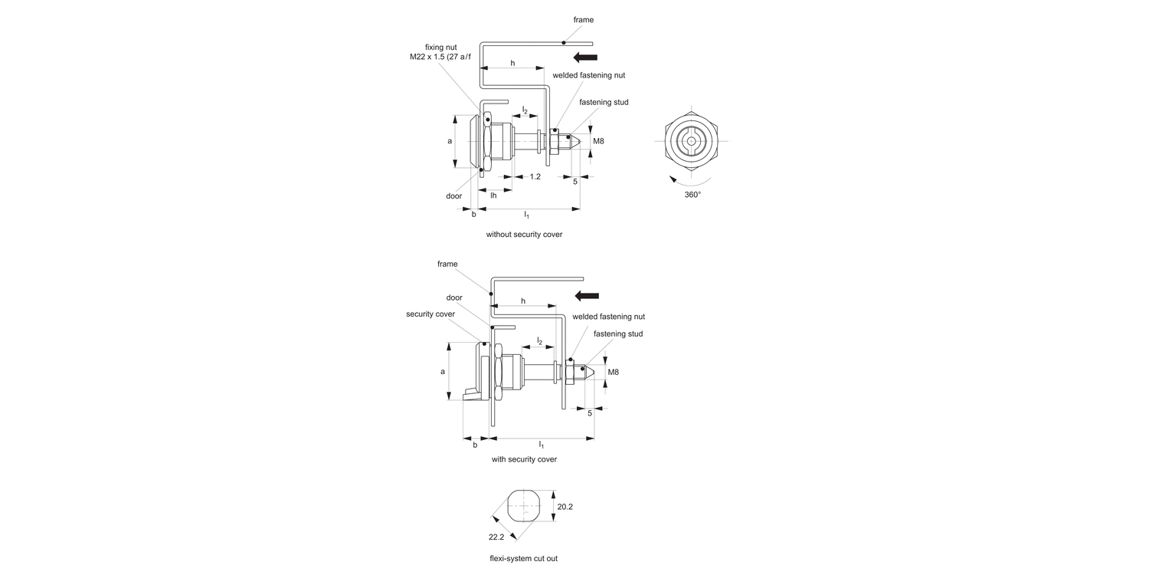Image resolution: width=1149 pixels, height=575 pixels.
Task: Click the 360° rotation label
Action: [x=692, y=195]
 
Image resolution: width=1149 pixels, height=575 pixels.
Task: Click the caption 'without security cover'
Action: [x=524, y=234]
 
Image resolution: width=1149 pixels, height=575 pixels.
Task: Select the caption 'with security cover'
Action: [x=524, y=459]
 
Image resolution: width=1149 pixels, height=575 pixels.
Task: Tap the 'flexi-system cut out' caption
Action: [x=525, y=558]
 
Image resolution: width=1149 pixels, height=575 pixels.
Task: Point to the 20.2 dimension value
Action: [x=565, y=507]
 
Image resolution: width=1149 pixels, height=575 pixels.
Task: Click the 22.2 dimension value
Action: [x=497, y=537]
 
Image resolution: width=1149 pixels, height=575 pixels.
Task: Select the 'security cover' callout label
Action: [x=430, y=314]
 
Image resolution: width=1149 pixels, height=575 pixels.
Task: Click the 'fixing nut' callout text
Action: [x=441, y=47]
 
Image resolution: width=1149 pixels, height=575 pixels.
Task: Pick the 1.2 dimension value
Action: [x=535, y=176]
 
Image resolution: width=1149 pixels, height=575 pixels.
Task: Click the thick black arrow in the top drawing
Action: [x=584, y=57]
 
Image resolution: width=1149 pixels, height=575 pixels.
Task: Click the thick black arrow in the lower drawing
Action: [x=587, y=297]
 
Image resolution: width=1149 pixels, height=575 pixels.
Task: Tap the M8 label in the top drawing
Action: [x=598, y=141]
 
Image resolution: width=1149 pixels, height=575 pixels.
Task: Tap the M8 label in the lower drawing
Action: [x=613, y=372]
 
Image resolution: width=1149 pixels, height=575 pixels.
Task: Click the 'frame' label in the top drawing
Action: [x=584, y=20]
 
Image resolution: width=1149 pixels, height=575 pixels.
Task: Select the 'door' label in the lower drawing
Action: [x=454, y=297]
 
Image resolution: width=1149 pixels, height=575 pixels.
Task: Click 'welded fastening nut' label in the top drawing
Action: [x=588, y=75]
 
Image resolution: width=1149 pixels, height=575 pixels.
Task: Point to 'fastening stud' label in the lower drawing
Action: [x=618, y=333]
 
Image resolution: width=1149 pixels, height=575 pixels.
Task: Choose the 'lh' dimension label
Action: [x=493, y=195]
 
